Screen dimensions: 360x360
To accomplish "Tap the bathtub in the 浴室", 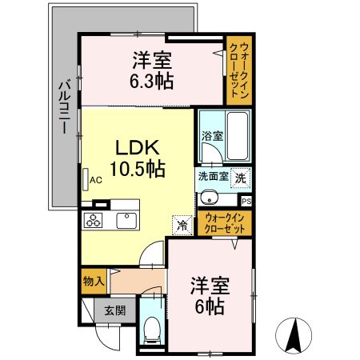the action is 238,136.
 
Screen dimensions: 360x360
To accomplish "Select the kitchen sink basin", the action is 126,221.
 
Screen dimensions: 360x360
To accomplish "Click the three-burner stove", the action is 93,221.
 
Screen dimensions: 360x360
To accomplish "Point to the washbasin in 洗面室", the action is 210,198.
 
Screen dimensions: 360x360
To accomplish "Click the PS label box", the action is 246,202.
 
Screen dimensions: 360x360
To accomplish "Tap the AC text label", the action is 96,180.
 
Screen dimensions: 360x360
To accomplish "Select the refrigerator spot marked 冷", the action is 182,226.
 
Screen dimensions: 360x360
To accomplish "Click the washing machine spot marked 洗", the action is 241,178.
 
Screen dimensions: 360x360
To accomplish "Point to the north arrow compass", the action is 294,335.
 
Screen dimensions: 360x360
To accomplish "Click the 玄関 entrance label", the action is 115,310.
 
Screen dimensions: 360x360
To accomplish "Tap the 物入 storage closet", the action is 94,282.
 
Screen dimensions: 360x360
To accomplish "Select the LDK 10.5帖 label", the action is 138,158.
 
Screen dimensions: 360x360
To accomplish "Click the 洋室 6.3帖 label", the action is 152,70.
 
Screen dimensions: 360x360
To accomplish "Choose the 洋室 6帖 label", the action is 210,296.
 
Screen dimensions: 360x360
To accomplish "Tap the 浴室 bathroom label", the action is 212,136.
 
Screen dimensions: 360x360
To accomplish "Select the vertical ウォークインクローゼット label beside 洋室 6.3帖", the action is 239,70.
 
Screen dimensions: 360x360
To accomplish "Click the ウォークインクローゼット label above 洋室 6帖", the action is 225,223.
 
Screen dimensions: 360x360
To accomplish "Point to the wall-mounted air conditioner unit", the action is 86,179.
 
